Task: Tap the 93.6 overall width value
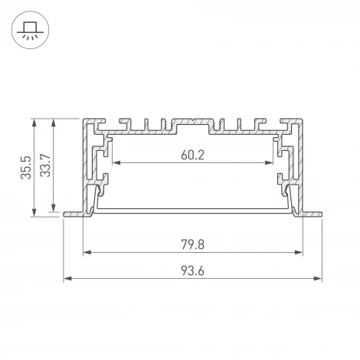click(x=192, y=270)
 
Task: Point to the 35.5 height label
click(x=25, y=168)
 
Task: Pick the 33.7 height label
click(x=44, y=165)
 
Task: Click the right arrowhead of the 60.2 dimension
click(x=270, y=162)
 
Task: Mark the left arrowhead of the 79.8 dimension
click(x=86, y=252)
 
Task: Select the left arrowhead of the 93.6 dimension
click(x=67, y=277)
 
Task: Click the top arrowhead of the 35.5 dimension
click(x=34, y=123)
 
